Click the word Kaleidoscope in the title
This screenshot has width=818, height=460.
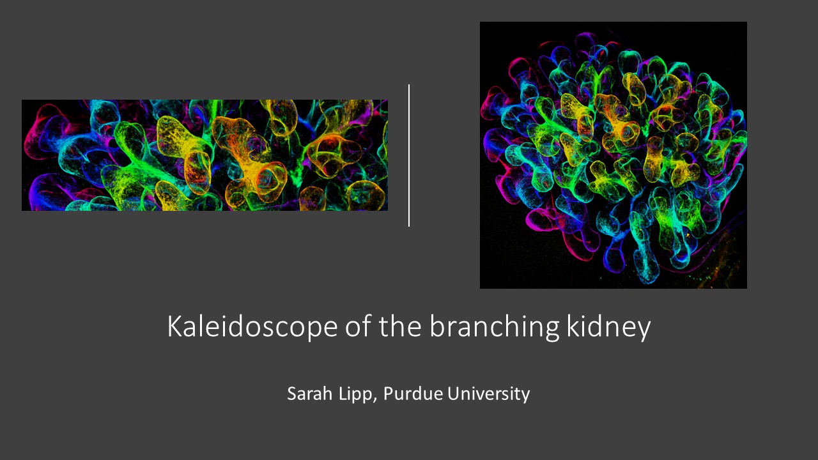coord(252,326)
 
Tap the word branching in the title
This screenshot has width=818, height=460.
coord(494,326)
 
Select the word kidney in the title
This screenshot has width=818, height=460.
coord(609,326)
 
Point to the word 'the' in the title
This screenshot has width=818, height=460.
coord(400,326)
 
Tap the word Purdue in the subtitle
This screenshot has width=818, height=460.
coord(413,394)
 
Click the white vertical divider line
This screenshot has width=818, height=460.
coord(409,155)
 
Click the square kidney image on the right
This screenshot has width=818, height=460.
coord(613,155)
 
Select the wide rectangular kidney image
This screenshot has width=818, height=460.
coord(204,155)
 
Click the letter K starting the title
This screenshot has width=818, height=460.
coord(175,326)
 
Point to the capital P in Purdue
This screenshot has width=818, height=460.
coord(389,394)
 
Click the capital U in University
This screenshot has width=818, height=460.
coord(454,394)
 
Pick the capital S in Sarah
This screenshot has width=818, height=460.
coord(292,394)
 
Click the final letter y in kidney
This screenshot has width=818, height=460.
coord(644,330)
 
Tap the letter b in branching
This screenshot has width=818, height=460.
coord(437,326)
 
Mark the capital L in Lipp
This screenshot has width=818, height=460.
coord(343,394)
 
